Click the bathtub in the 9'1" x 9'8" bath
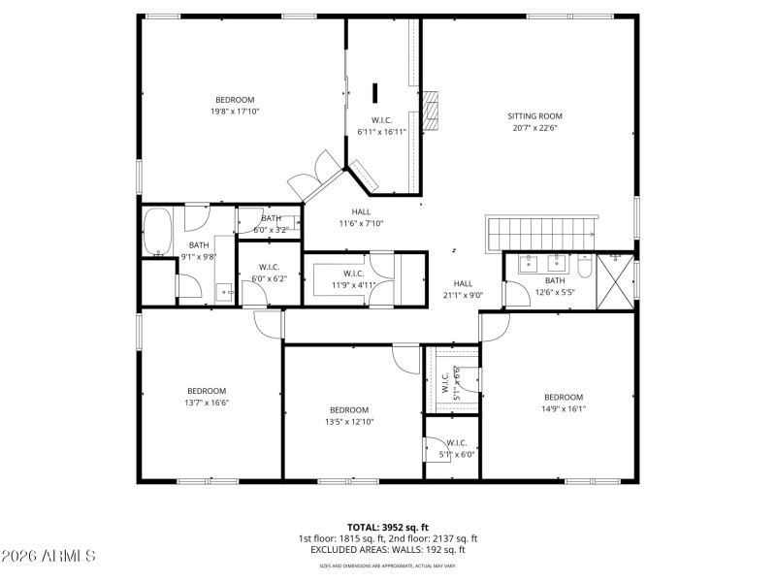click(156, 234)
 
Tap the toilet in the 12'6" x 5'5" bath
click(585, 266)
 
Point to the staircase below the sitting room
click(541, 233)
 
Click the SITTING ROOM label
click(534, 116)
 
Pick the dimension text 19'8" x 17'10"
click(235, 112)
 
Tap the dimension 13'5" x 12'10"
click(348, 422)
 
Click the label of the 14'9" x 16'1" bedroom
click(563, 397)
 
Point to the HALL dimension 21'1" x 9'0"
click(463, 295)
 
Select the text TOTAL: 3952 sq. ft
click(387, 527)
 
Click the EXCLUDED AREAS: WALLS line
click(387, 550)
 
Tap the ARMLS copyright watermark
click(48, 556)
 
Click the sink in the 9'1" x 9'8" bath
click(224, 289)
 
